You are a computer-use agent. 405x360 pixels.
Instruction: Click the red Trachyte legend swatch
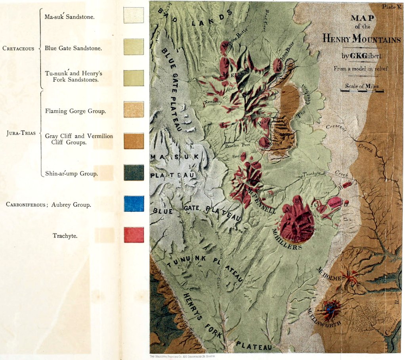[x=134, y=235]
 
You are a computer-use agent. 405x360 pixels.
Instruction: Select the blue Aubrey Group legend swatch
[x=134, y=203]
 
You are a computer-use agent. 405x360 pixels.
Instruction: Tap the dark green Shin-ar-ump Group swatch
[x=134, y=172]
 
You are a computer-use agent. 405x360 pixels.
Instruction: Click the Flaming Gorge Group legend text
[x=75, y=111]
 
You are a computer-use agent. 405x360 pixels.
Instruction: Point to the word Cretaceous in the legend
[x=18, y=49]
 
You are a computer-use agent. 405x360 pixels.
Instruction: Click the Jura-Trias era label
[x=19, y=134]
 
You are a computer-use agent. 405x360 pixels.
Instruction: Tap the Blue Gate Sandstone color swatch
[x=134, y=46]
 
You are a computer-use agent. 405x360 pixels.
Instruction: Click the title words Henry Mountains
[x=361, y=39]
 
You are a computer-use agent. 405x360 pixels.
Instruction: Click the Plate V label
[x=391, y=6]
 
